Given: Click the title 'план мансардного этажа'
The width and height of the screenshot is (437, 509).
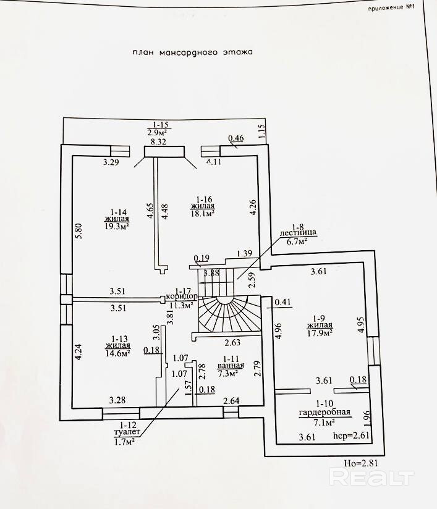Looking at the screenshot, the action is click(x=192, y=53).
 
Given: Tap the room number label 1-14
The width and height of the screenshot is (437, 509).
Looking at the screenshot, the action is click(x=116, y=211).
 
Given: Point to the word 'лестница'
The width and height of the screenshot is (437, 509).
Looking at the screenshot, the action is click(x=299, y=233).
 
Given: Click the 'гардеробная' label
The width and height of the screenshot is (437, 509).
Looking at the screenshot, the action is click(x=325, y=413).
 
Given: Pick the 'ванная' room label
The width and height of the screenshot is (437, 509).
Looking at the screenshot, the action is click(x=231, y=366).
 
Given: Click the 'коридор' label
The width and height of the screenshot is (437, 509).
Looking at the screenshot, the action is click(x=182, y=297).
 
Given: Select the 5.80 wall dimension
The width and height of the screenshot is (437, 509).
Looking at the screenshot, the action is click(x=79, y=231).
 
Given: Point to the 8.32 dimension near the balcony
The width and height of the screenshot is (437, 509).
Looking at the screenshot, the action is click(x=158, y=142).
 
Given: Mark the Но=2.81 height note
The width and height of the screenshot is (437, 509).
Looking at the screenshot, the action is click(x=361, y=463).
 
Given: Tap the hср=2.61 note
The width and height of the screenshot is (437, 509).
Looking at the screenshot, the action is click(x=351, y=435).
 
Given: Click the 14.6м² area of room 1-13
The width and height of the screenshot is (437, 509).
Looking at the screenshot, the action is click(x=118, y=353).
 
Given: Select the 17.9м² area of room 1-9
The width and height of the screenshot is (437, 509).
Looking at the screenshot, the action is click(x=320, y=333).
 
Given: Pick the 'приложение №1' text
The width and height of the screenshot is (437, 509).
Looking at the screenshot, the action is click(x=391, y=8).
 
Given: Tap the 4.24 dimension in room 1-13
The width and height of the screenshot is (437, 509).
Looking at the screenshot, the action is click(x=78, y=353).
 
